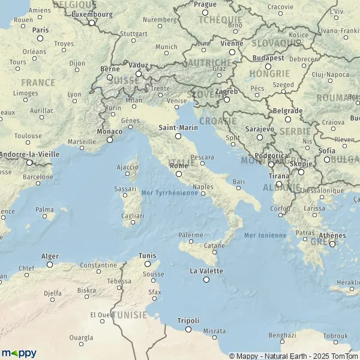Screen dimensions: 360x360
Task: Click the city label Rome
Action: point(179,166)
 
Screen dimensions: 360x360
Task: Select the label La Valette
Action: point(206,271)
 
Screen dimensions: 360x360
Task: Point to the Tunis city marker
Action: point(148,263)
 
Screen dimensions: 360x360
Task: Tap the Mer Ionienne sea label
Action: point(265,235)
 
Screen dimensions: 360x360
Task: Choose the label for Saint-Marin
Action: point(178,128)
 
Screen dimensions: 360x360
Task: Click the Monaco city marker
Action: point(110,140)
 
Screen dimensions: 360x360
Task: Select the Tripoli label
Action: point(188,320)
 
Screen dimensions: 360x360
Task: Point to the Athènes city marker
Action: point(332,244)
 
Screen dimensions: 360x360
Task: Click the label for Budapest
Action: point(268,58)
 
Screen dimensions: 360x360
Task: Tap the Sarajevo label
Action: point(260,129)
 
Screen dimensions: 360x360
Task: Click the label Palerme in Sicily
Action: point(191,235)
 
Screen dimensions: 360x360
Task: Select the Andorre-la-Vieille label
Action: point(29,154)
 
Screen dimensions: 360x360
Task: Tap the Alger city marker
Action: point(50,264)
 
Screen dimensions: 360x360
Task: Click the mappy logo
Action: point(19,353)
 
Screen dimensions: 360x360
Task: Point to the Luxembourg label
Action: point(91,14)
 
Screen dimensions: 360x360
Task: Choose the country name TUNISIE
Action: point(130,314)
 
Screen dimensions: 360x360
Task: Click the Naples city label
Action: point(203,187)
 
